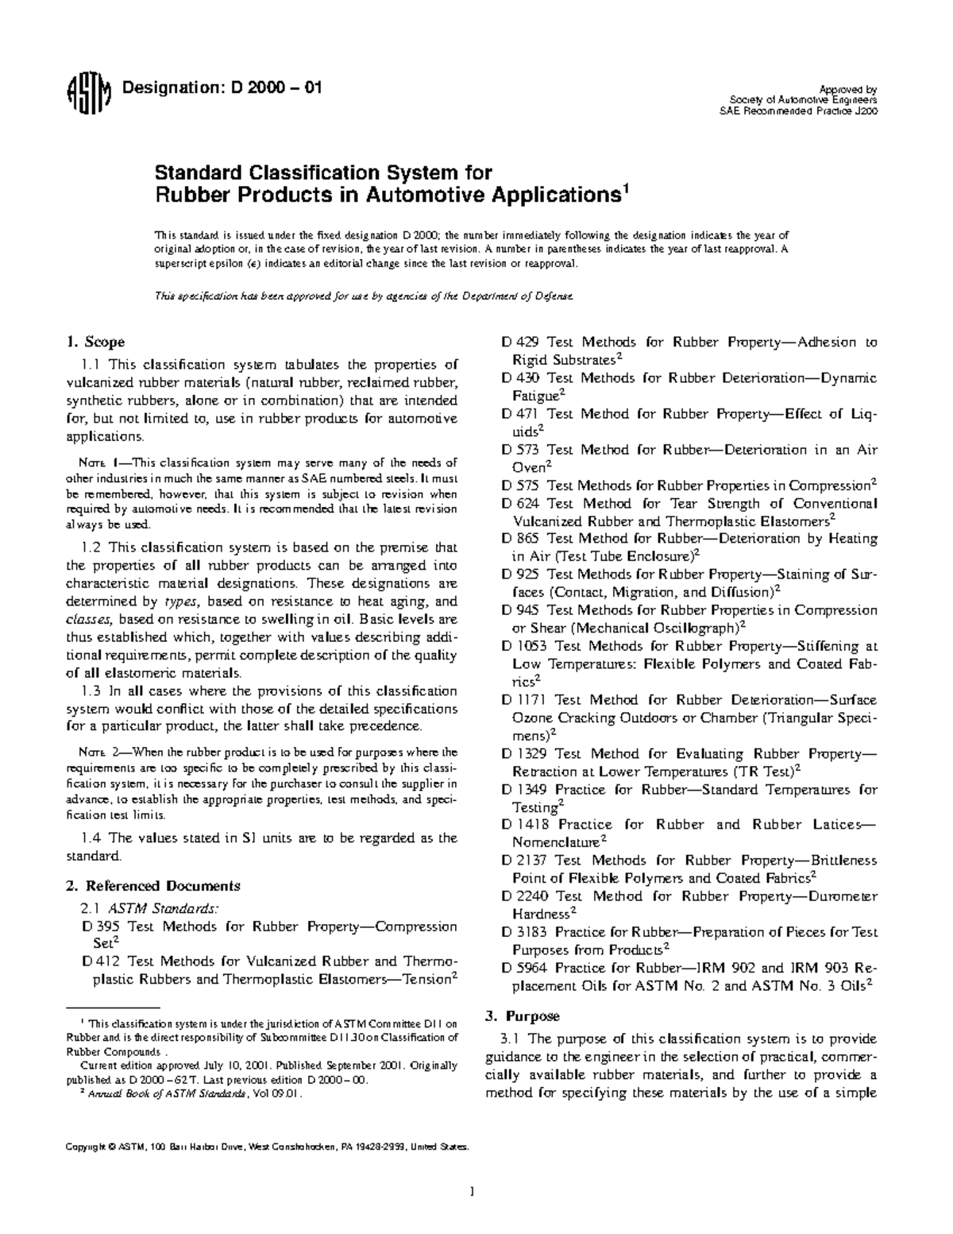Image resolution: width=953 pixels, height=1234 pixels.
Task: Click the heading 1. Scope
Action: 95,342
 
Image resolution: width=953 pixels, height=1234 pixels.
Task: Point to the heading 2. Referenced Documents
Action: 152,885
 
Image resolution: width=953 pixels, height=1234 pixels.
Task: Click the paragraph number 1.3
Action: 91,691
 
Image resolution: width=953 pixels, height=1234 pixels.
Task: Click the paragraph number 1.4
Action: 91,837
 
